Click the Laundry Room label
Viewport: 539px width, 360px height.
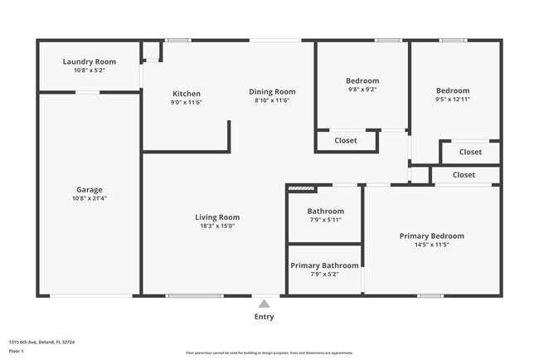pos(90,61)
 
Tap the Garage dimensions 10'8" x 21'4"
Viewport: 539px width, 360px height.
pos(90,199)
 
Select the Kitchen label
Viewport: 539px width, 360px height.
pos(186,94)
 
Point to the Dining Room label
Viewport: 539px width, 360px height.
pos(272,91)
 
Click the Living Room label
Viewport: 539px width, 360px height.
pos(217,217)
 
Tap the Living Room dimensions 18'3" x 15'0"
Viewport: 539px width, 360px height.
pos(217,226)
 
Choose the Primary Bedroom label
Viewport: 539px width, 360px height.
pos(431,236)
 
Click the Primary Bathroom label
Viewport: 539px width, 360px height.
pos(324,265)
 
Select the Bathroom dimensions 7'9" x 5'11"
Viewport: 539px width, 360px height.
pos(325,220)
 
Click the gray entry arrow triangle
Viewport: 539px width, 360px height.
pos(264,304)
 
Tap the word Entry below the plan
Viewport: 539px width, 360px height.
pos(264,316)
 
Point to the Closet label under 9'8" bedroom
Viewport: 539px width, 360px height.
pos(346,140)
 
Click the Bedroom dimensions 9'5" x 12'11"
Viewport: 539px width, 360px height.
pos(453,100)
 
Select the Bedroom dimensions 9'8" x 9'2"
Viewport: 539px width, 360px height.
pos(362,90)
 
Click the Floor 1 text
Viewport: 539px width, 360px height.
pos(17,352)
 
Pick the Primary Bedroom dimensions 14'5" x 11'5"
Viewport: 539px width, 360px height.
pos(431,245)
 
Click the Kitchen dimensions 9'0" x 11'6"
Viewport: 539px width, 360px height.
pos(186,103)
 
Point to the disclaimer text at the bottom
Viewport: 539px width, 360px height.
pos(269,353)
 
